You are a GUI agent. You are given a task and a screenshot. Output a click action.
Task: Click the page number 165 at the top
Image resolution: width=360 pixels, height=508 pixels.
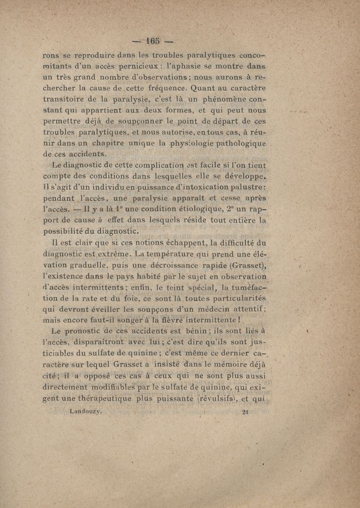pos(153,41)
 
